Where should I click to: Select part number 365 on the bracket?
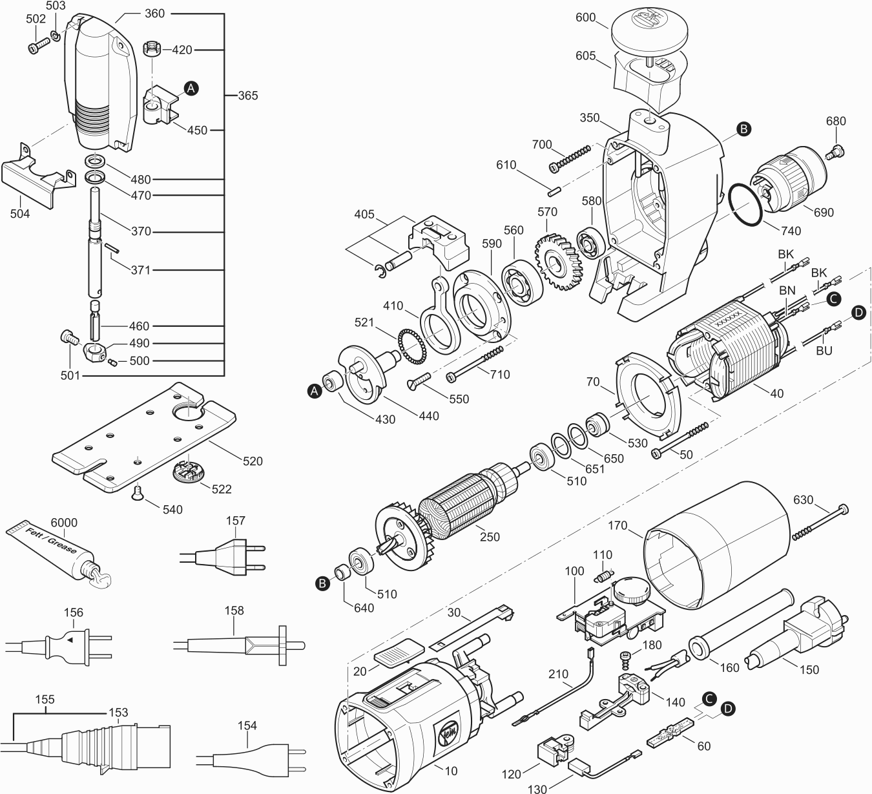point(248,95)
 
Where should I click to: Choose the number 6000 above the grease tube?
point(64,522)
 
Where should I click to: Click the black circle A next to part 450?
point(191,89)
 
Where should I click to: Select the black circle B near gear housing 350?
point(743,129)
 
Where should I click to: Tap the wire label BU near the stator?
point(824,350)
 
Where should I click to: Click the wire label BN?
point(787,290)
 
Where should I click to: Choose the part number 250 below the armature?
point(490,537)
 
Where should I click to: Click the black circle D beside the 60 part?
point(727,709)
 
